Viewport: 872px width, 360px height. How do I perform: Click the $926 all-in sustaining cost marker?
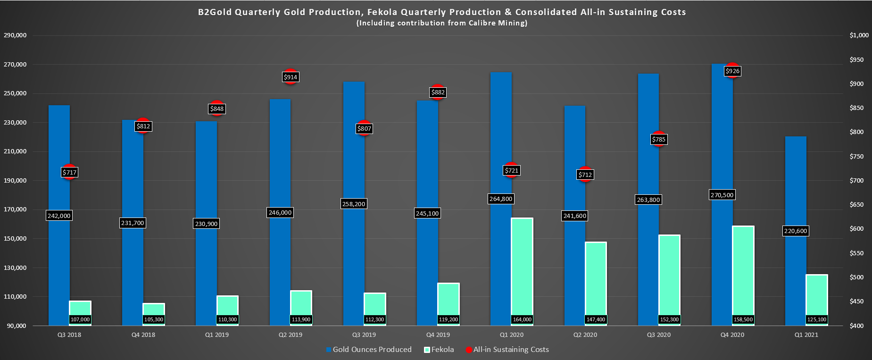point(732,71)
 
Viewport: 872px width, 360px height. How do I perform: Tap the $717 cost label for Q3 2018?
point(69,172)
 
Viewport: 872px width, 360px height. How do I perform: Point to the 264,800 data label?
point(501,199)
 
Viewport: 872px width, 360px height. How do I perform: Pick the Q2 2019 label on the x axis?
point(291,335)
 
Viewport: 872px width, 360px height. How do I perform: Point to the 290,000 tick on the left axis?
point(15,35)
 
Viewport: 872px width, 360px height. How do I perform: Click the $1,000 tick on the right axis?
point(859,35)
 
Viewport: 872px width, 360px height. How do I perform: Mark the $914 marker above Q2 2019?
point(291,77)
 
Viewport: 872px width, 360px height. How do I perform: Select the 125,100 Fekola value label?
point(817,319)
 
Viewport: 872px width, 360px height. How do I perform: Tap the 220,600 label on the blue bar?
point(796,231)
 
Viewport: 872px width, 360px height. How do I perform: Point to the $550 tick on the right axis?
point(856,253)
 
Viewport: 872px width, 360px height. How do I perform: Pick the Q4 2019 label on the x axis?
point(438,335)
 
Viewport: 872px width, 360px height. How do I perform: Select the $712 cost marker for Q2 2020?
point(585,175)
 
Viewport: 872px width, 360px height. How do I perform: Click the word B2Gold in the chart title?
point(215,12)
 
